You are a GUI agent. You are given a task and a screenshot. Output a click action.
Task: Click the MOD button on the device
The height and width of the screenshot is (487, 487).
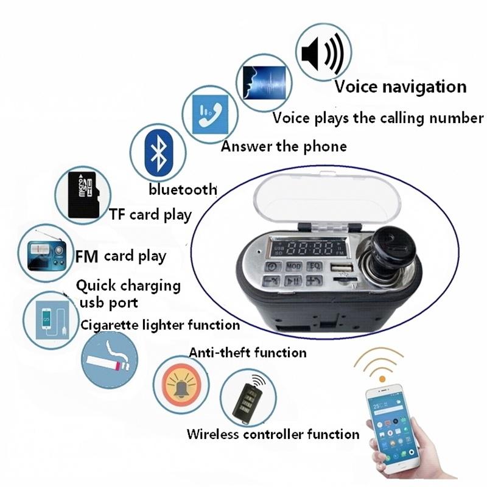pyautogui.click(x=293, y=266)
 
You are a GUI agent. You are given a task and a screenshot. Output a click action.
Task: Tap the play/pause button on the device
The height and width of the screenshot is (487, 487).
pyautogui.click(x=293, y=281)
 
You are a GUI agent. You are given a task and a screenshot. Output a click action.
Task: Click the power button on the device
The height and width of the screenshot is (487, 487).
pyautogui.click(x=272, y=267)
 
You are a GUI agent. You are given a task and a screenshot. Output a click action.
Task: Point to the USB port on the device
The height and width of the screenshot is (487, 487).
pyautogui.click(x=338, y=267)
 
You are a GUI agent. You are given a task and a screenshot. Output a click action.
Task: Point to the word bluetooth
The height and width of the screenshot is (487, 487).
pyautogui.click(x=183, y=189)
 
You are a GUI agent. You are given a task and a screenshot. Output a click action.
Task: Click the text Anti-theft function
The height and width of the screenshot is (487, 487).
pyautogui.click(x=247, y=352)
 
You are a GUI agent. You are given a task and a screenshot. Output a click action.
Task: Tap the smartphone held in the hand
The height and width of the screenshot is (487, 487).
pyautogui.click(x=388, y=426)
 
